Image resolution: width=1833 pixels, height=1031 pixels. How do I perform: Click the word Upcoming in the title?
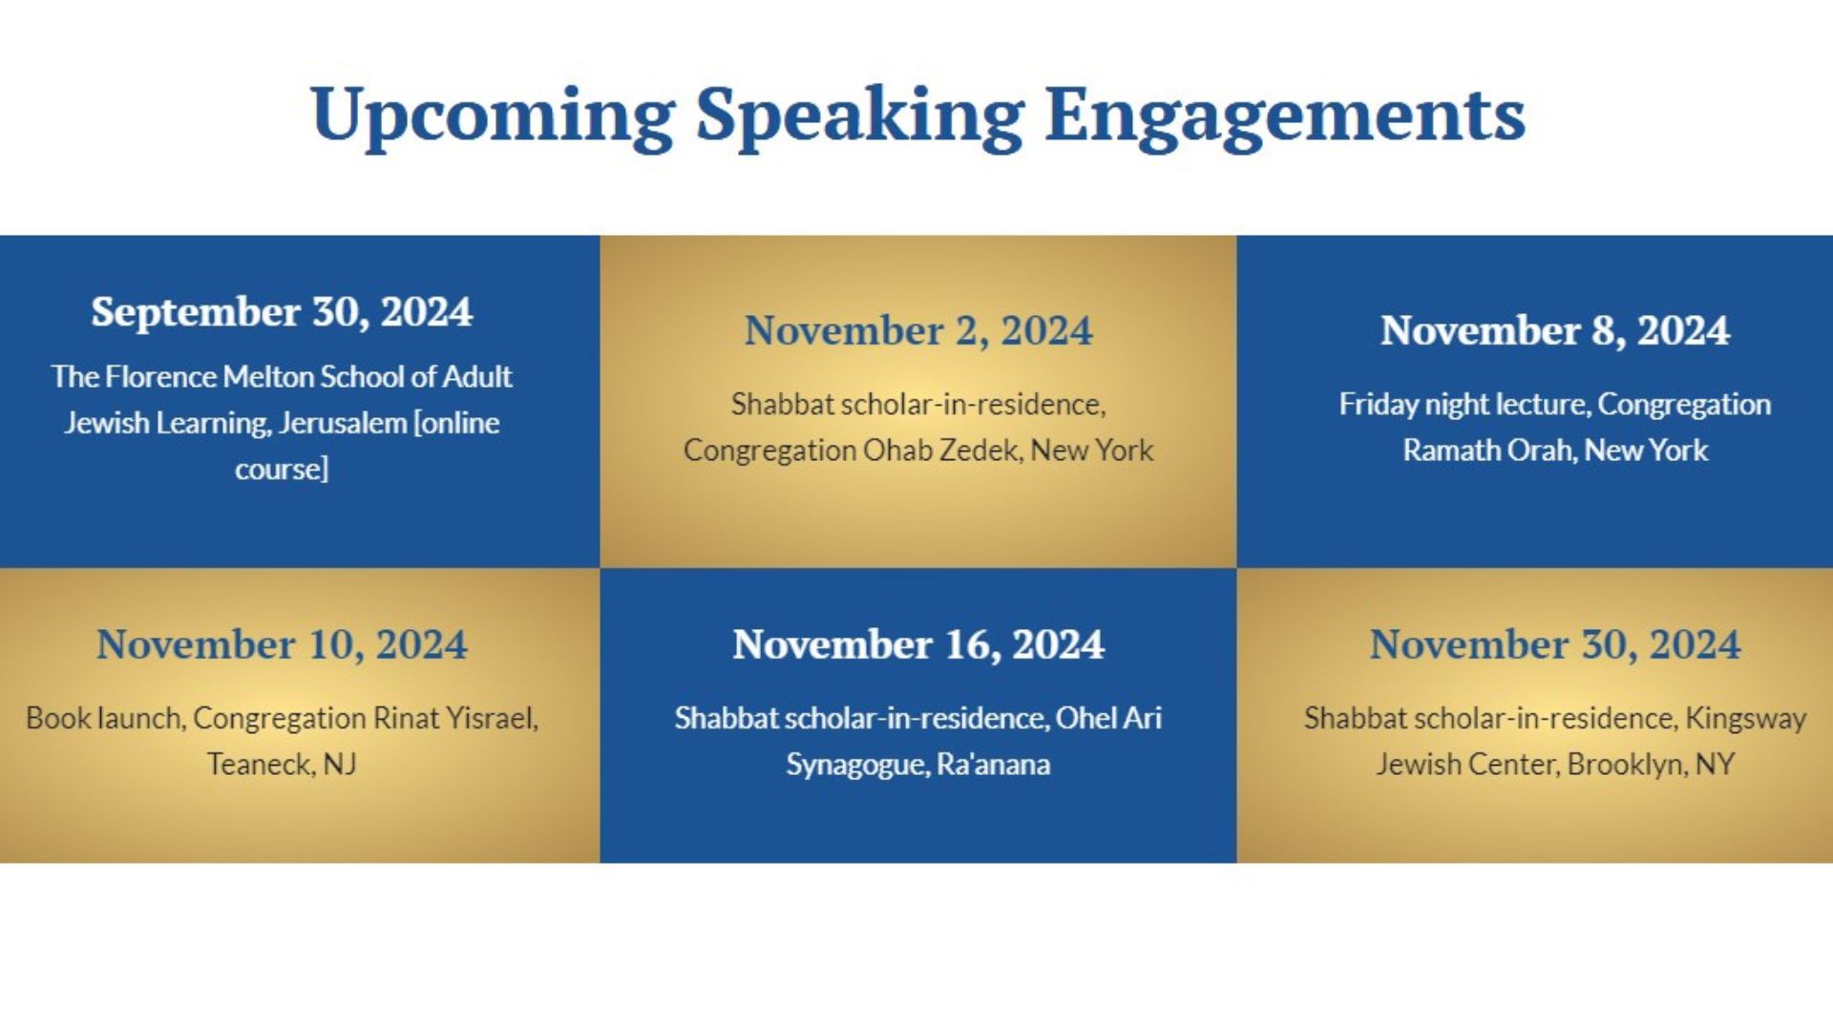pos(493,116)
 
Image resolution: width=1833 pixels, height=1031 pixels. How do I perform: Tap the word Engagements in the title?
pos(1285,116)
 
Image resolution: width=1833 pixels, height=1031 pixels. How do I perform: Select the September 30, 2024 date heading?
pos(282,312)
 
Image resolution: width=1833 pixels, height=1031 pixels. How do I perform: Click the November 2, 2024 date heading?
pos(918,330)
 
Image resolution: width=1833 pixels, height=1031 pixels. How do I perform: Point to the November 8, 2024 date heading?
pos(1554,330)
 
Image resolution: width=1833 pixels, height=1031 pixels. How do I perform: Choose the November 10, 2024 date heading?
pos(282,644)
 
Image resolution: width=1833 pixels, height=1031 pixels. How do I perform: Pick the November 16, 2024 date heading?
pos(918,644)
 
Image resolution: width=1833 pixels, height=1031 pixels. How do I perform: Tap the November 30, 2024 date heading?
pos(1554,644)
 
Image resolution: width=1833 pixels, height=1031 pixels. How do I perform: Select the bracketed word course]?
pos(282,470)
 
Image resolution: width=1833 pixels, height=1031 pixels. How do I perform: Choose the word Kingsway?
pos(1745,719)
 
